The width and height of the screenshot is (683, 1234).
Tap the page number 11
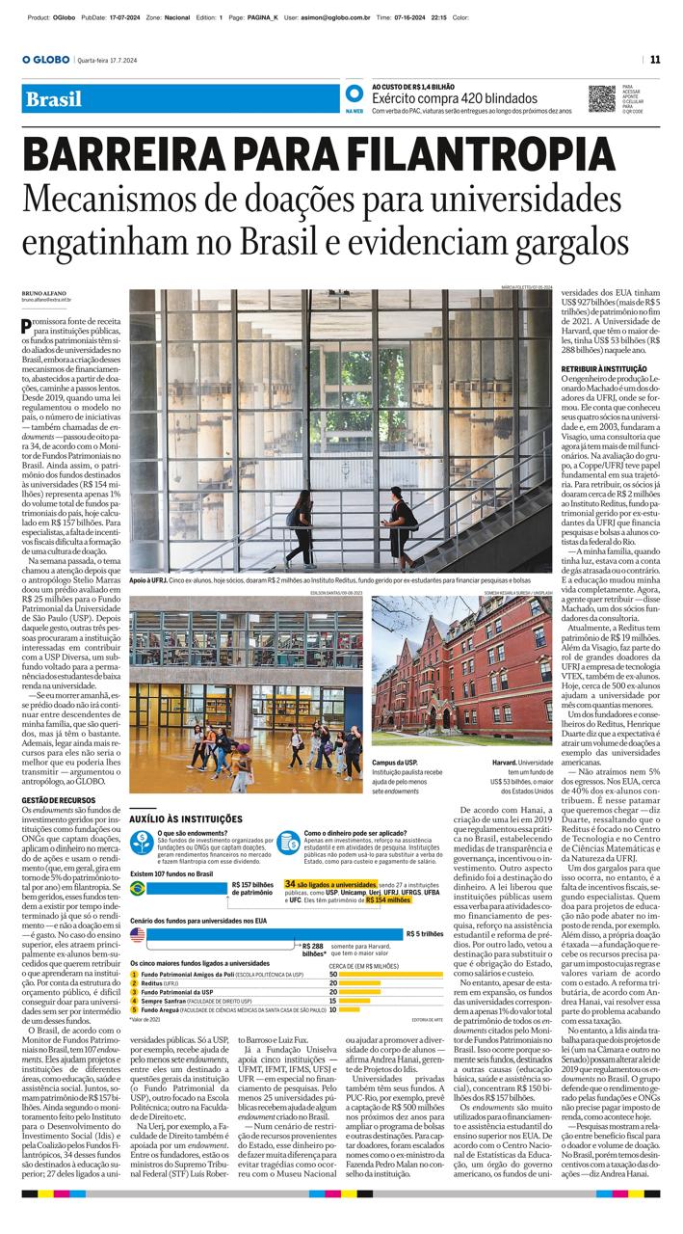[x=655, y=59]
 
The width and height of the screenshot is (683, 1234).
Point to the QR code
[x=602, y=98]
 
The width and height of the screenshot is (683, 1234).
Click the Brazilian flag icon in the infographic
[x=139, y=889]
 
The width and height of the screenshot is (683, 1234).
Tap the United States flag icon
[x=139, y=934]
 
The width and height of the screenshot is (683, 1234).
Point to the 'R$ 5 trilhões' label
[x=425, y=933]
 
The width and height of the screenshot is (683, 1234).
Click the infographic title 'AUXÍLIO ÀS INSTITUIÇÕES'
[x=186, y=818]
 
